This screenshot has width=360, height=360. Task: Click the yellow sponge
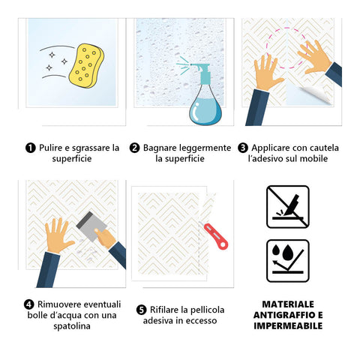(x=86, y=66)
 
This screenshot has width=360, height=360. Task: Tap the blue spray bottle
(x=205, y=100)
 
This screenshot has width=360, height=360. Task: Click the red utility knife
(x=215, y=236)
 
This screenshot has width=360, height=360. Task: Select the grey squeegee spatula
(x=91, y=226)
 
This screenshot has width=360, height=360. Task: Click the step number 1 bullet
(x=31, y=148)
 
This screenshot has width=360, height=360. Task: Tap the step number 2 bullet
(x=134, y=148)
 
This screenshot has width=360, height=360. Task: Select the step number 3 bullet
(x=243, y=148)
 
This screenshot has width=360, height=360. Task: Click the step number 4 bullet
(x=29, y=304)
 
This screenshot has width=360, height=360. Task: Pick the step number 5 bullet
(x=142, y=310)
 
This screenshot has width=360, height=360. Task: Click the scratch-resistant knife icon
(x=288, y=207)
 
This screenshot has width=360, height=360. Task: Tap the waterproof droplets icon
(x=288, y=261)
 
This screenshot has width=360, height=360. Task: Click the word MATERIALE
(x=288, y=304)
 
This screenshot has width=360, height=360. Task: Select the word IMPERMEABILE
(x=288, y=325)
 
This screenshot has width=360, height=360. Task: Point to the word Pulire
(x=51, y=148)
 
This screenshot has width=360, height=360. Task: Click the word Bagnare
(x=160, y=148)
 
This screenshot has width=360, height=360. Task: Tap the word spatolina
(x=72, y=326)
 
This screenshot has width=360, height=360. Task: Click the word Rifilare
(x=165, y=310)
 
